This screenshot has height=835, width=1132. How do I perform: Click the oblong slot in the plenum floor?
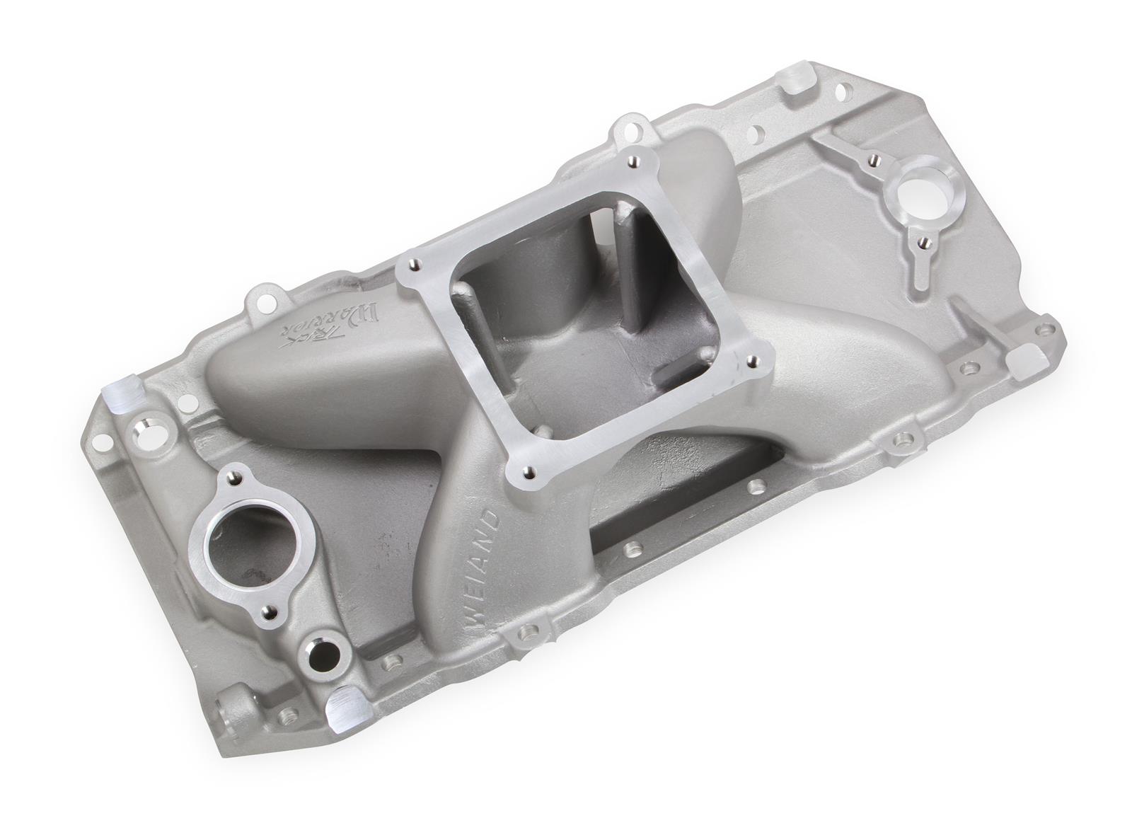click(x=683, y=371)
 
